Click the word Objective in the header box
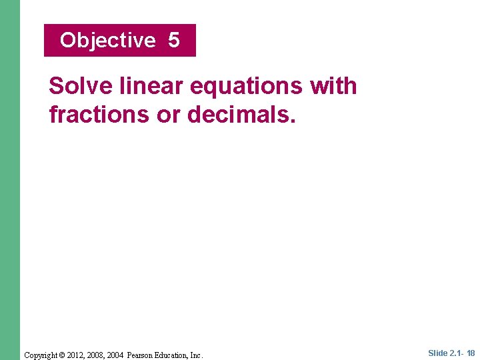(x=107, y=41)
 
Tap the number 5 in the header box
(x=174, y=40)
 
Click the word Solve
(x=77, y=86)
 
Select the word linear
(x=143, y=86)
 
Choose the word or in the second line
(x=168, y=115)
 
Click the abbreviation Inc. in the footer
(x=196, y=355)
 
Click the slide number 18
(x=471, y=353)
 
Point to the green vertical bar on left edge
(x=9, y=180)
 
